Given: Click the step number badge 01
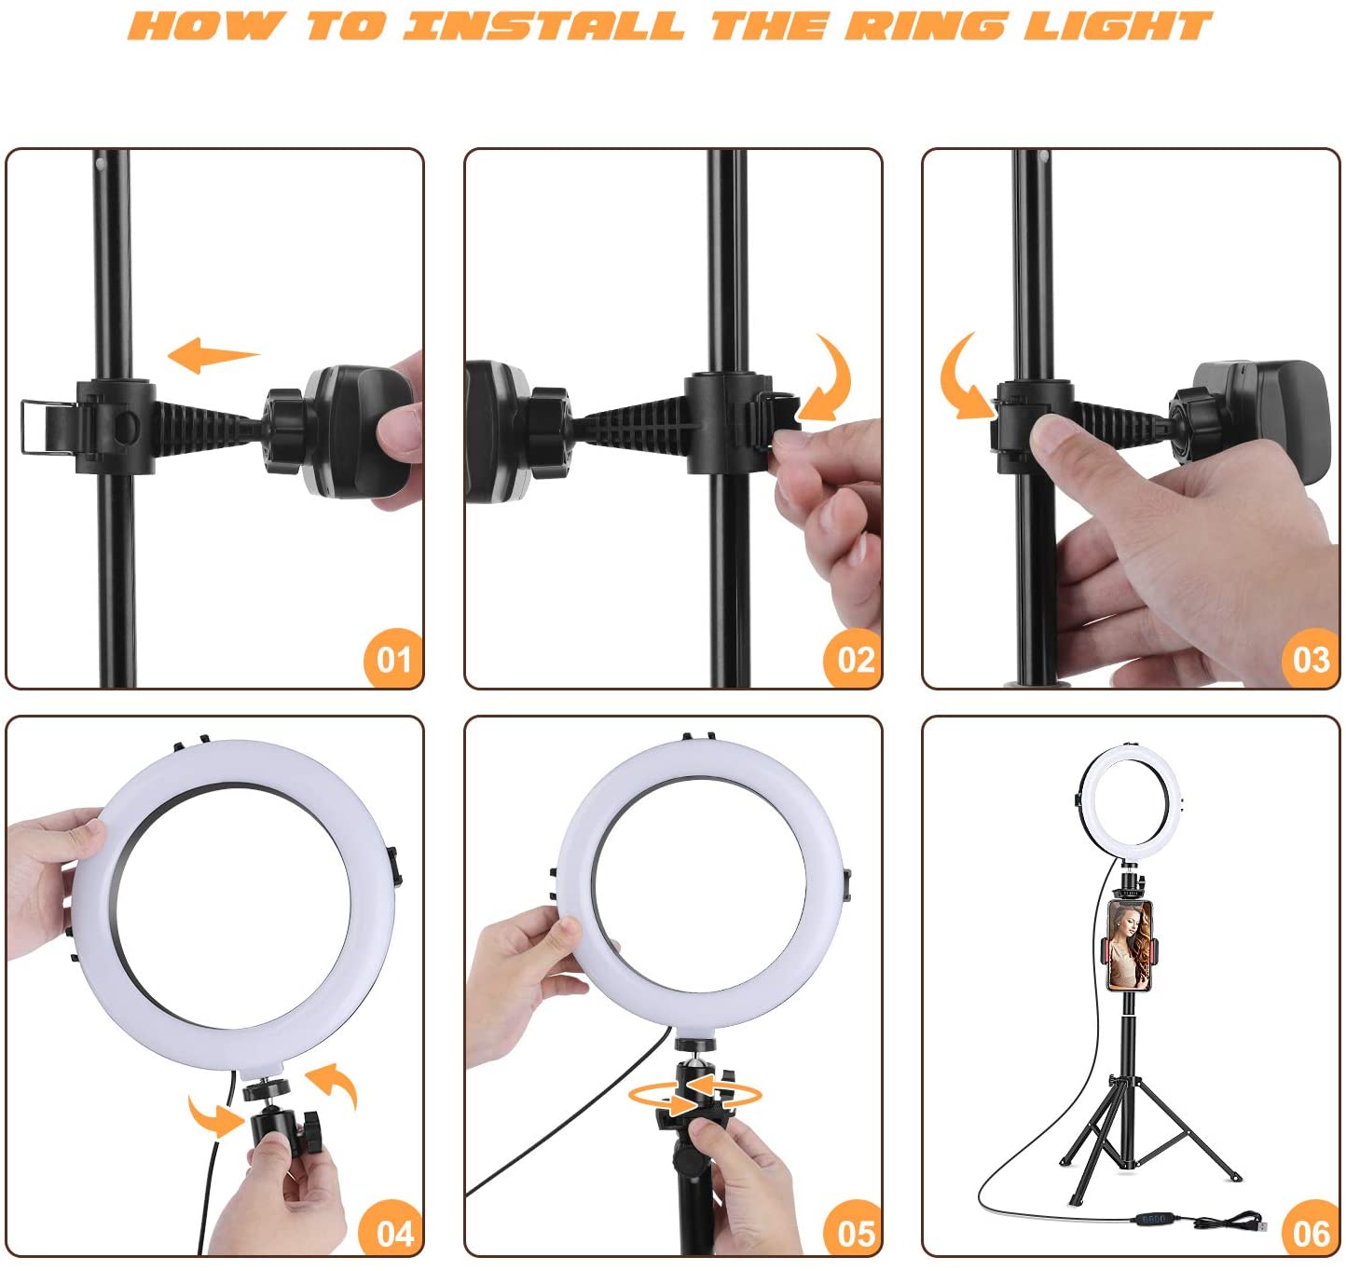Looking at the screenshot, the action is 393,659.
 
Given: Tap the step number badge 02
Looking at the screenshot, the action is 853,659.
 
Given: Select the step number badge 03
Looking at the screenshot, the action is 1311,659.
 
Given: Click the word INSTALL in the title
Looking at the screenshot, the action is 544,26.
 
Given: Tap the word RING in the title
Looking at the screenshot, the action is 925,26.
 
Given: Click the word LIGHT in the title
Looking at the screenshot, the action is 1118,26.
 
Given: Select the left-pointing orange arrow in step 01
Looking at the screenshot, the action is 213,355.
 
